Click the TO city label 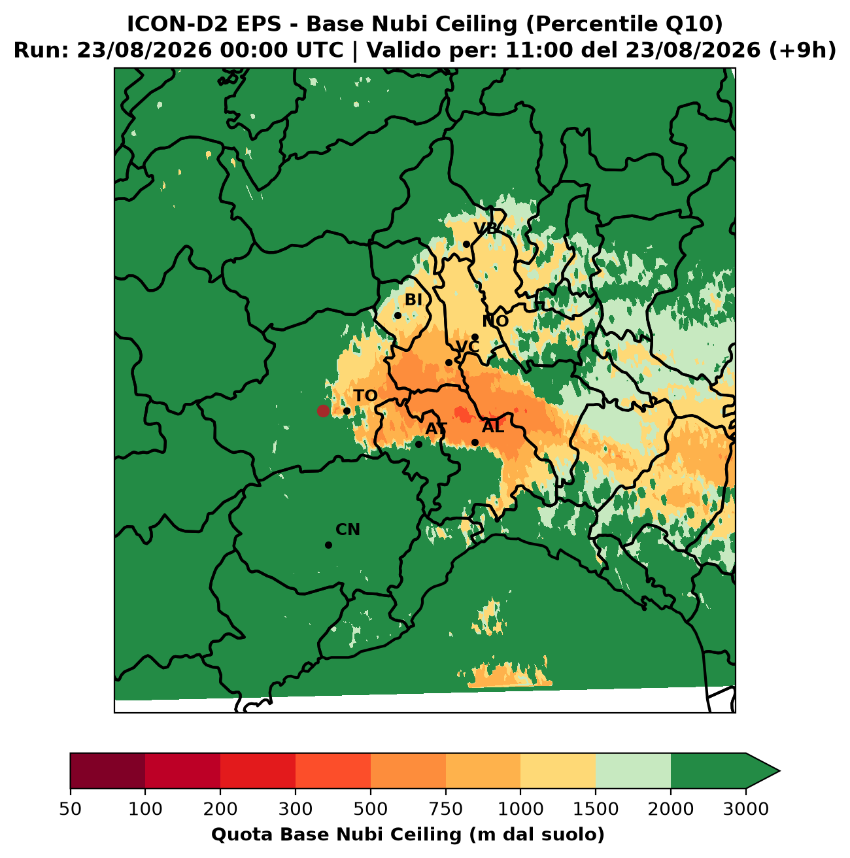coord(365,396)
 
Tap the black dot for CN coord(329,545)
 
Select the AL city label coord(493,427)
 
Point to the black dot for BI coord(398,316)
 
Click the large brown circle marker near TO coord(323,411)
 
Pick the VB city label coord(485,229)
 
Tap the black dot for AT coord(418,444)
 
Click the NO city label coord(495,321)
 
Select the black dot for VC coord(449,363)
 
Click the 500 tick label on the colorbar coord(371,808)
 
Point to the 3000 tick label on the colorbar coord(746,808)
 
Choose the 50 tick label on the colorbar coord(71,808)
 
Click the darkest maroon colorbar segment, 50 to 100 coord(108,771)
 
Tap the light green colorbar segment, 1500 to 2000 coord(633,771)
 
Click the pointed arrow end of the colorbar coord(779,771)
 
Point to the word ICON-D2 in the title coord(178,24)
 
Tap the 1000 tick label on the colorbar coord(520,808)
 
